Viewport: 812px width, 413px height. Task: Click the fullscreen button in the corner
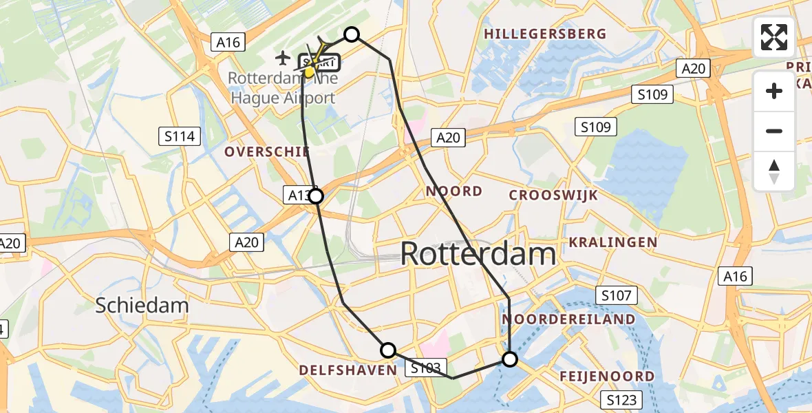pyautogui.click(x=774, y=37)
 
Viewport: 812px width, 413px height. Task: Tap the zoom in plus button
pyautogui.click(x=774, y=91)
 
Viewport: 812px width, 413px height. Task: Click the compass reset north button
pyautogui.click(x=774, y=171)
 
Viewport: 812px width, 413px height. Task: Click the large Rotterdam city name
pyautogui.click(x=478, y=254)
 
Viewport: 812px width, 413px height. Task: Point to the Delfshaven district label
pyautogui.click(x=348, y=370)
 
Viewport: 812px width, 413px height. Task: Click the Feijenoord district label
pyautogui.click(x=607, y=377)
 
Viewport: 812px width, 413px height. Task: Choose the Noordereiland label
pyautogui.click(x=568, y=319)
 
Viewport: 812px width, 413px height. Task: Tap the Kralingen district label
pyautogui.click(x=613, y=242)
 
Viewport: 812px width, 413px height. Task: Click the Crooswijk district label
pyautogui.click(x=553, y=195)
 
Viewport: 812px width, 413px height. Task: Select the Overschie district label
pyautogui.click(x=267, y=152)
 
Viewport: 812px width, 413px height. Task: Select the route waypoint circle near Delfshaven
pyautogui.click(x=388, y=350)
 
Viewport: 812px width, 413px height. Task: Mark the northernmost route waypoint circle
pyautogui.click(x=352, y=34)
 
